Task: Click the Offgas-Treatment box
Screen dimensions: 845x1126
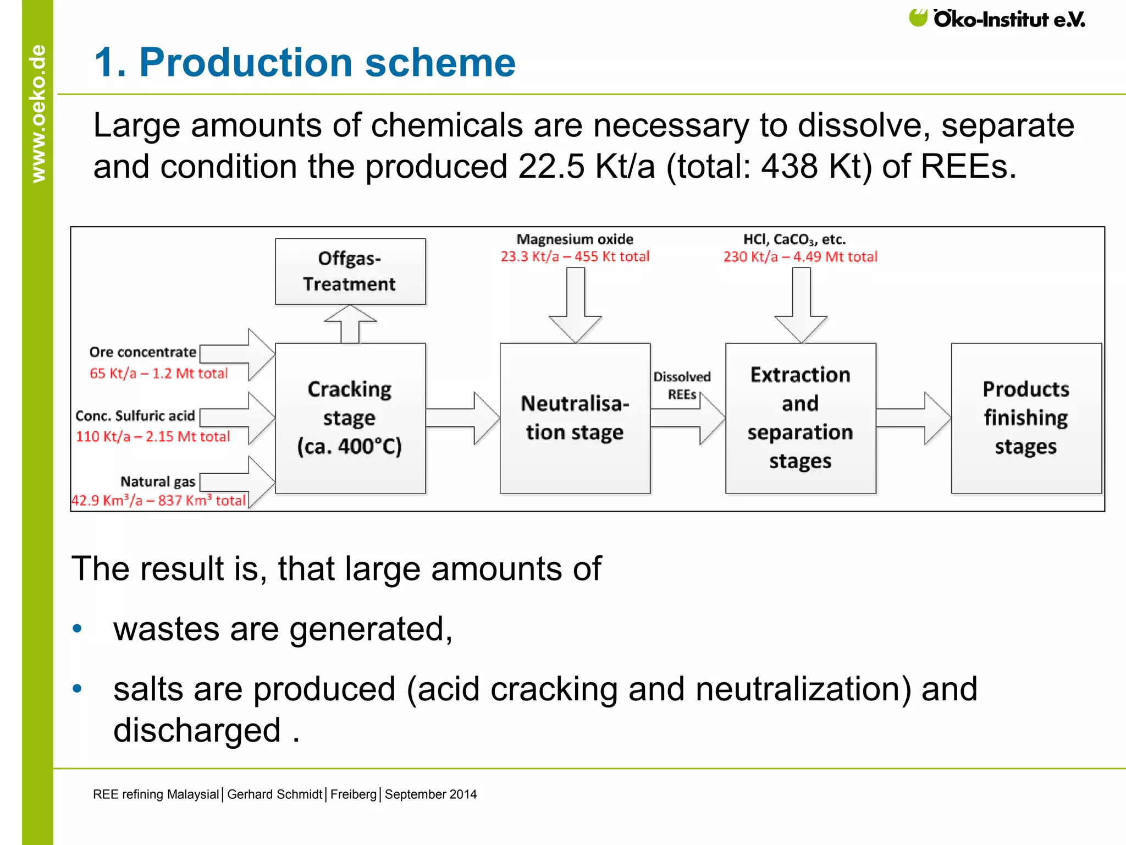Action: click(350, 271)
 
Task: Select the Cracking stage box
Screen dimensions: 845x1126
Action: click(350, 418)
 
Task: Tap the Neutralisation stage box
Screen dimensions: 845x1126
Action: click(575, 418)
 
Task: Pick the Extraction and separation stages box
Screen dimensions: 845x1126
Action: click(801, 418)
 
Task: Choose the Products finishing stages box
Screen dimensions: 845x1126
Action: click(1026, 418)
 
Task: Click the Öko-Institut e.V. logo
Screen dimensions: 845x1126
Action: click(996, 19)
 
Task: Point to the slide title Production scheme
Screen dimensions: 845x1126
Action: click(305, 62)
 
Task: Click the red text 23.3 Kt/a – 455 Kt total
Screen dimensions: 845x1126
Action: click(575, 256)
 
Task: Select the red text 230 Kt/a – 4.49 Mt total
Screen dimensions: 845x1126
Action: click(800, 257)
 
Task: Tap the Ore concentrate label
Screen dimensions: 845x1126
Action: click(142, 352)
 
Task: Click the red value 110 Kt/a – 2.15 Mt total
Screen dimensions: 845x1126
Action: click(153, 437)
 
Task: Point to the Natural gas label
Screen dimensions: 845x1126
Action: click(158, 482)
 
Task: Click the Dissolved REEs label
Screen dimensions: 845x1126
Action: click(682, 386)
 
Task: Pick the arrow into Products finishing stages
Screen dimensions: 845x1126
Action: click(913, 418)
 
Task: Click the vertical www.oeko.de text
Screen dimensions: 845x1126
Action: click(38, 113)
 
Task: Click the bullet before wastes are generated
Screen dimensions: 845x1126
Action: click(78, 629)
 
